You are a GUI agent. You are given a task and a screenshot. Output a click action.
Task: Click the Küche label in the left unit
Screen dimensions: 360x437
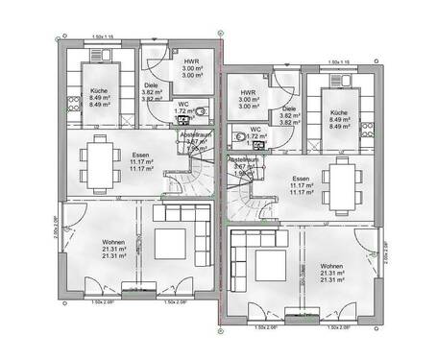tap(98, 89)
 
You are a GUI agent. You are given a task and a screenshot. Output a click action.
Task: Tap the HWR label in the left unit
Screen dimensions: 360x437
tap(191, 61)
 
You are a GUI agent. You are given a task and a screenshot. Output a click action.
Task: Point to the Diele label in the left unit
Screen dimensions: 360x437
tap(151, 84)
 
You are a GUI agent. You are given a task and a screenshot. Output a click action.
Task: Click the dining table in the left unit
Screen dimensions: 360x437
tap(97, 159)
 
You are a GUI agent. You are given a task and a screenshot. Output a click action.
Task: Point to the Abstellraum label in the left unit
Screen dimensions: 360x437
tap(196, 135)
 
